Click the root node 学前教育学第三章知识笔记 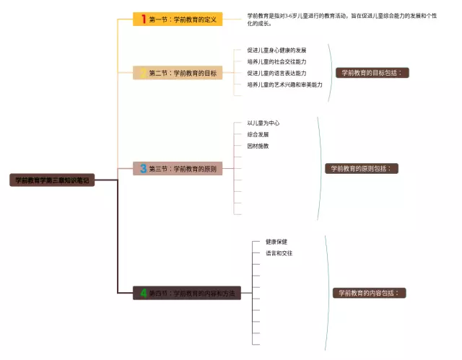(x=51, y=180)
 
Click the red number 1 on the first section (x=143, y=19)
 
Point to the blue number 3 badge (x=143, y=169)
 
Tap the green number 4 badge (x=143, y=293)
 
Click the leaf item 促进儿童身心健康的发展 (x=276, y=51)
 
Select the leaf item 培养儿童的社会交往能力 (x=276, y=62)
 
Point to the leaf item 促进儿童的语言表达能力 (x=276, y=73)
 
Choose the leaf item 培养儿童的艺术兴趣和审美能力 (x=284, y=84)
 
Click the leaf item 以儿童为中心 (x=263, y=123)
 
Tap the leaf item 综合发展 (x=258, y=134)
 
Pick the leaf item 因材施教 (x=258, y=146)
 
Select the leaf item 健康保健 (x=276, y=242)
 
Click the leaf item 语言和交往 (x=279, y=253)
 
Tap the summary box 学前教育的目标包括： (x=372, y=73)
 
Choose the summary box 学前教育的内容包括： (x=369, y=293)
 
